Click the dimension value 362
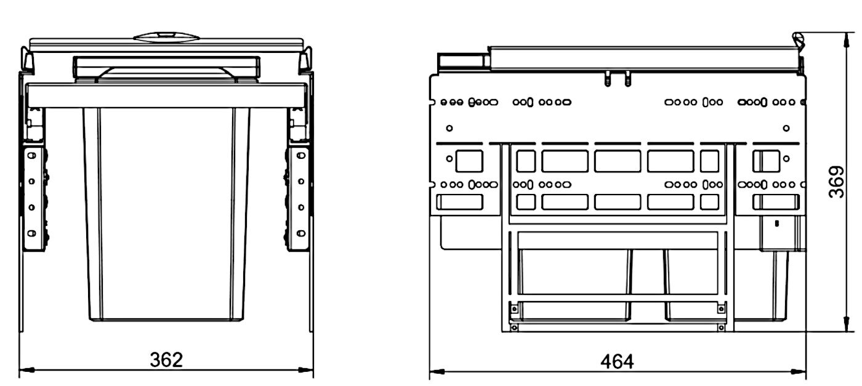coord(166,360)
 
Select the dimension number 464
coord(617,361)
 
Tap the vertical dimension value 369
coord(836,182)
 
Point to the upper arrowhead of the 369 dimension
coord(847,40)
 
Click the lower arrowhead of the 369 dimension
coord(847,324)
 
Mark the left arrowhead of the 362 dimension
coord(26,370)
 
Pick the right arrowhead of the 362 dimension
coord(306,370)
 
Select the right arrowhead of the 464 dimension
coord(799,372)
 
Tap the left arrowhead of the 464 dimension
coord(437,372)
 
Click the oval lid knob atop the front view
coord(166,37)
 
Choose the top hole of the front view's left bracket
coord(31,156)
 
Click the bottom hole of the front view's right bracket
coord(301,233)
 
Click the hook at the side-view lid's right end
coord(799,41)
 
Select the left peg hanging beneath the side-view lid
coord(607,79)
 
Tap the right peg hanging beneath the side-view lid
coord(627,79)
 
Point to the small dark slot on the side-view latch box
coord(776,223)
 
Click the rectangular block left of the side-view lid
coord(461,62)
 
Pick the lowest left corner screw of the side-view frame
coord(514,328)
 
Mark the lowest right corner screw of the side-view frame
coord(721,328)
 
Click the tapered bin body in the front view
coord(166,214)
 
